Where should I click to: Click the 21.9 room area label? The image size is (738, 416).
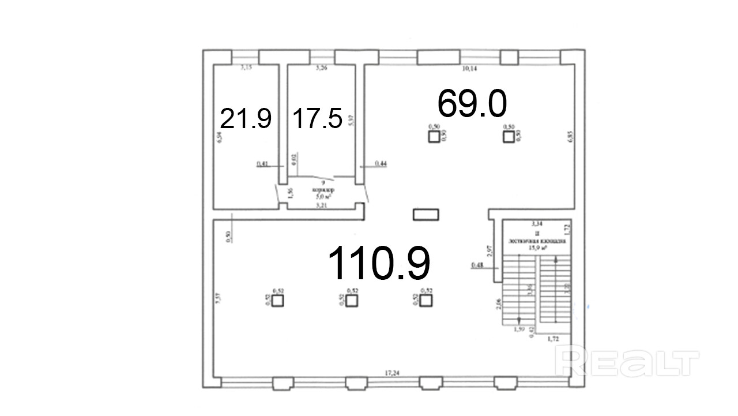pyautogui.click(x=246, y=119)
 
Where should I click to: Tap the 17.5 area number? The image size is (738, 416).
pyautogui.click(x=318, y=119)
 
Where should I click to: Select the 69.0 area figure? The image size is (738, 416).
pyautogui.click(x=472, y=103)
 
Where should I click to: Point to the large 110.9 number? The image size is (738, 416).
pyautogui.click(x=379, y=263)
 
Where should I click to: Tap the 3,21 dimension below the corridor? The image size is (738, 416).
pyautogui.click(x=322, y=204)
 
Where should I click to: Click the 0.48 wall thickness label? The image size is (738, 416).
pyautogui.click(x=477, y=265)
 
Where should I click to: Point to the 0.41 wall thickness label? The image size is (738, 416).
pyautogui.click(x=262, y=164)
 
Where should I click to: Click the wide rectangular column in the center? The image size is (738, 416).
pyautogui.click(x=426, y=215)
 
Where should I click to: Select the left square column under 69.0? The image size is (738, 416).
pyautogui.click(x=434, y=137)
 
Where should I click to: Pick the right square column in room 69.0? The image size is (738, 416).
pyautogui.click(x=508, y=137)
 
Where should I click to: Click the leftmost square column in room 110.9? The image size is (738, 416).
pyautogui.click(x=277, y=301)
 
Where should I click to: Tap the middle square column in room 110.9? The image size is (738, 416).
pyautogui.click(x=352, y=301)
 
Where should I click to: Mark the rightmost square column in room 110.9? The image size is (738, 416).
pyautogui.click(x=426, y=301)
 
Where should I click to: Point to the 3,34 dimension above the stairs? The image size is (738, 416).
pyautogui.click(x=537, y=223)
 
